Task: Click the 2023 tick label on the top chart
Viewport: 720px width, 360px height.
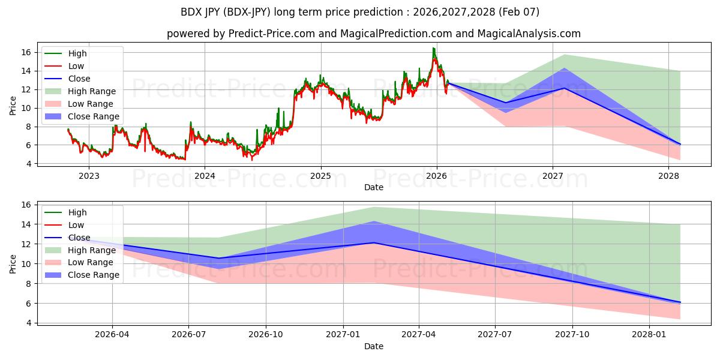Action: coord(89,176)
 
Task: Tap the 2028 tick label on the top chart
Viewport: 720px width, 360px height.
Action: coord(668,176)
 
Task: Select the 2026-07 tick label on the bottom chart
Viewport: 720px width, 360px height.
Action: coord(189,335)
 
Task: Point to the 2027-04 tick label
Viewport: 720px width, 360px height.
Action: coord(419,335)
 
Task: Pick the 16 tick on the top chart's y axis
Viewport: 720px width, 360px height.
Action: coord(26,52)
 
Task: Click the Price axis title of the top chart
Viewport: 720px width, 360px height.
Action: coord(13,106)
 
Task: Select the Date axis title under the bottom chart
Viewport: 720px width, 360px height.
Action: coord(373,346)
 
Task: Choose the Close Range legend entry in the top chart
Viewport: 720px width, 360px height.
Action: coord(93,116)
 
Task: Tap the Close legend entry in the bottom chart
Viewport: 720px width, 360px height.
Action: coord(79,238)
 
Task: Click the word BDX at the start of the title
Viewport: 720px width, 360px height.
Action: coord(191,12)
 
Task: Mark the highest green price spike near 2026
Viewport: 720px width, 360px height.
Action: coord(433,48)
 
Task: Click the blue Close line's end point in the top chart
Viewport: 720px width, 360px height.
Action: coord(680,144)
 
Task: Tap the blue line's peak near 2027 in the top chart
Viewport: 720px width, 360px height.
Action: coord(564,88)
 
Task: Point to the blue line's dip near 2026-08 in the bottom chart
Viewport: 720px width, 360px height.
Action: coord(219,258)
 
